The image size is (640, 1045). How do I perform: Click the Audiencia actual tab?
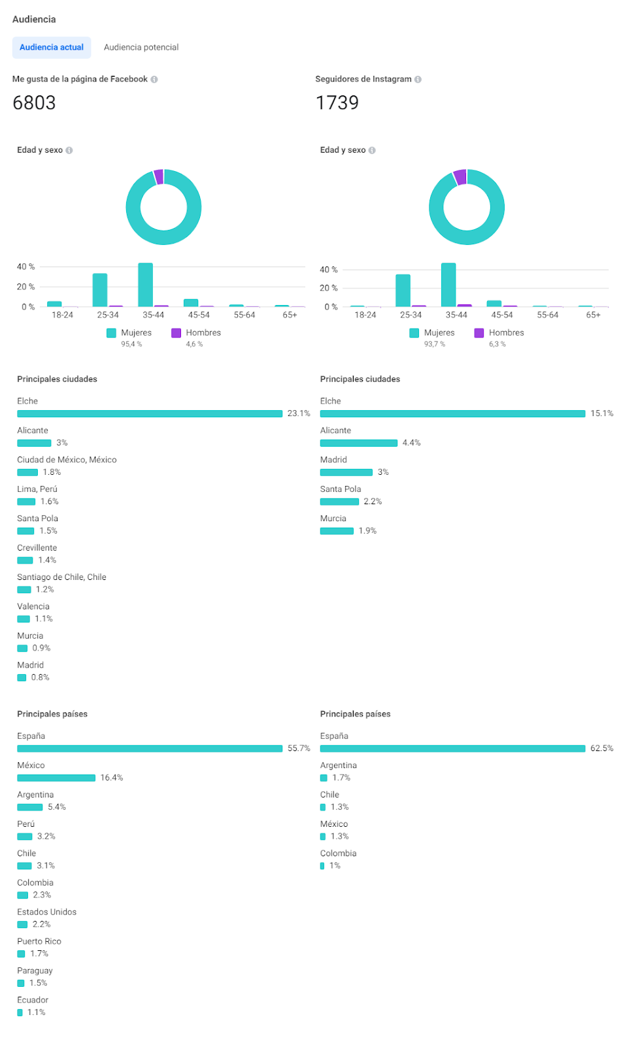(x=52, y=47)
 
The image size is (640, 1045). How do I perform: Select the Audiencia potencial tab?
(x=141, y=47)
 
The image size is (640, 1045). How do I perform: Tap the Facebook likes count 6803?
(x=34, y=103)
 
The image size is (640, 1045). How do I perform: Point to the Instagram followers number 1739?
(x=337, y=103)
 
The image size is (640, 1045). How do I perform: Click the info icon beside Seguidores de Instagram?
(x=418, y=79)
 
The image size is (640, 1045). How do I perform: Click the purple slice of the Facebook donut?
(x=158, y=176)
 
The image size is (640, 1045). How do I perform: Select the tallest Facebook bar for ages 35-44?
(x=145, y=285)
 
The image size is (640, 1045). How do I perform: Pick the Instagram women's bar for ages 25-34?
(x=403, y=291)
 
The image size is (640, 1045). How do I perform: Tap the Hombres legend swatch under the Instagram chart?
(x=479, y=333)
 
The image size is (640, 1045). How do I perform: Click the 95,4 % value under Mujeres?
(x=131, y=344)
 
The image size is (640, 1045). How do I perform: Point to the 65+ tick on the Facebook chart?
(x=290, y=315)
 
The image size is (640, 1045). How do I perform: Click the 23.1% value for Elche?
(x=299, y=413)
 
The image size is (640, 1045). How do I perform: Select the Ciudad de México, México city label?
(x=67, y=460)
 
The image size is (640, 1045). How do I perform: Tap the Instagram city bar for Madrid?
(x=346, y=472)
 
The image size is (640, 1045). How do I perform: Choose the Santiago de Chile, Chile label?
(x=61, y=577)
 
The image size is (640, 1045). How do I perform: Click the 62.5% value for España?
(x=601, y=748)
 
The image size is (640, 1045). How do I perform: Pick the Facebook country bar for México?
(x=56, y=778)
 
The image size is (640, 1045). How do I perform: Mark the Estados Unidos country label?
(x=46, y=912)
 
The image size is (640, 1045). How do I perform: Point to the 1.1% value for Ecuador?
(x=37, y=1012)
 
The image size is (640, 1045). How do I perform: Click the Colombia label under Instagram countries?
(x=338, y=854)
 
